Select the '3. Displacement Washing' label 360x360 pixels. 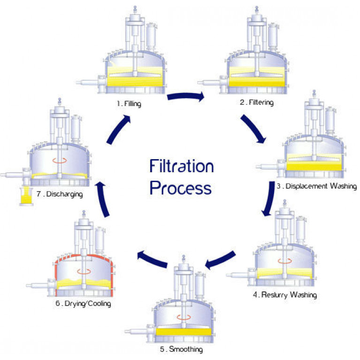pyautogui.click(x=316, y=186)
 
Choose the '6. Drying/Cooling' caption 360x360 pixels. pyautogui.click(x=83, y=303)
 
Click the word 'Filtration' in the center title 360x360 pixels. pyautogui.click(x=182, y=166)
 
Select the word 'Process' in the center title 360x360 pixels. pyautogui.click(x=181, y=188)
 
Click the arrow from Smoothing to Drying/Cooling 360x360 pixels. pyautogui.click(x=153, y=260)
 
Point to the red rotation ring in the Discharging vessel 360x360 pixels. pyautogui.click(x=58, y=160)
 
